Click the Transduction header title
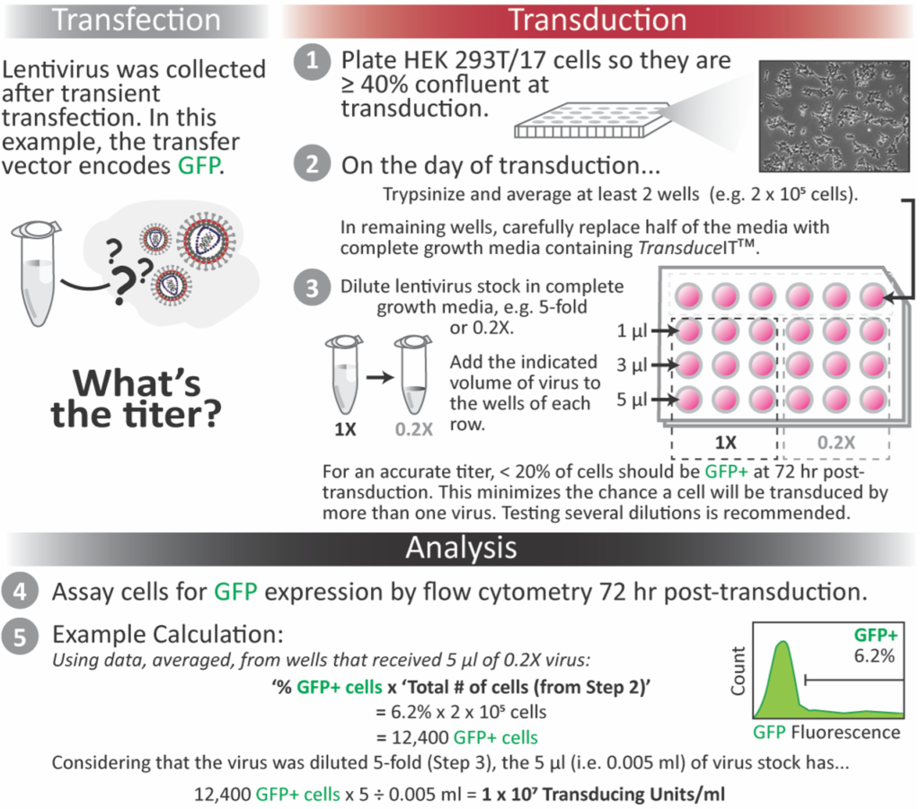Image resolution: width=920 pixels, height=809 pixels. click(x=597, y=19)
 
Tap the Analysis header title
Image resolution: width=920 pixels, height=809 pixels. click(x=461, y=548)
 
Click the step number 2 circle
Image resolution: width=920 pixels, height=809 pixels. click(x=311, y=165)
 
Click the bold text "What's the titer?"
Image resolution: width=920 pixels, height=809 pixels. click(x=137, y=399)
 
